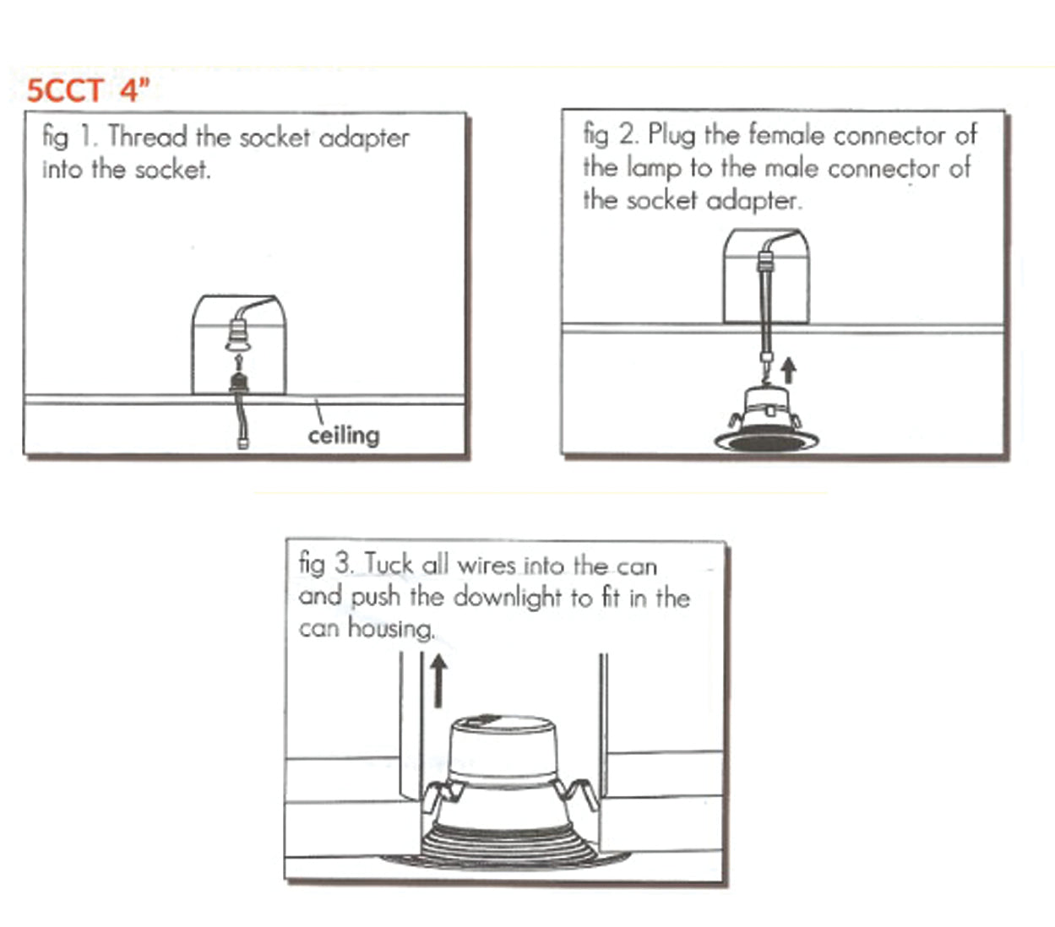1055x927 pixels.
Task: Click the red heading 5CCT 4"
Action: (88, 90)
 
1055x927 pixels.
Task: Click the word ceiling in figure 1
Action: (343, 436)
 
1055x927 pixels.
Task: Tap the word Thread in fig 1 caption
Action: (148, 137)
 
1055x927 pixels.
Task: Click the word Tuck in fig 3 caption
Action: (389, 564)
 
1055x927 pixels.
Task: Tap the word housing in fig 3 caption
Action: (391, 629)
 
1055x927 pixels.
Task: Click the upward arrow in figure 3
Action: (438, 680)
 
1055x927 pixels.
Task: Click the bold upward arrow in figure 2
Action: (788, 369)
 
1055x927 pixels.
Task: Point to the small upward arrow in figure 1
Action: (239, 361)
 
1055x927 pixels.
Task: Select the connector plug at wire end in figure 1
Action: (242, 440)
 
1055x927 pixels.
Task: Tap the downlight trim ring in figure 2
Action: (767, 441)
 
